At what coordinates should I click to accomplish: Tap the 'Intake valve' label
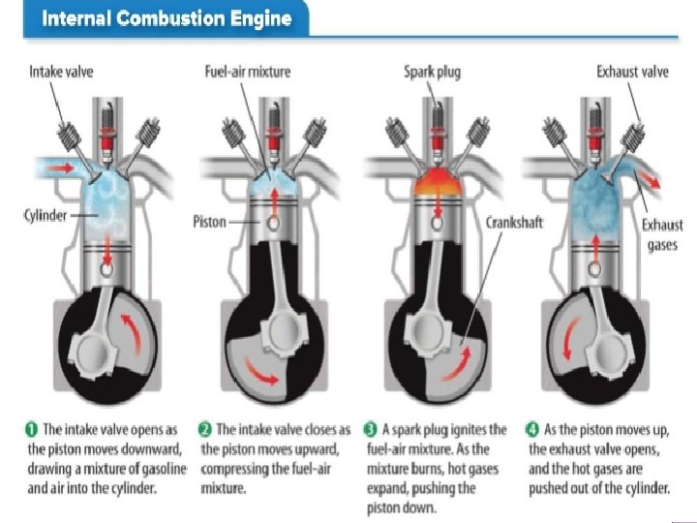click(x=62, y=72)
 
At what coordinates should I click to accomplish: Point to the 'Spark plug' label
click(x=432, y=72)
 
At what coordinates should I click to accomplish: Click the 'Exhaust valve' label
click(x=631, y=72)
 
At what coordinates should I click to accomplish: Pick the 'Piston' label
click(x=209, y=222)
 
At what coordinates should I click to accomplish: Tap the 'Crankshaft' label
click(x=514, y=222)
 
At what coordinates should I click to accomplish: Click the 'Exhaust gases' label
click(x=662, y=234)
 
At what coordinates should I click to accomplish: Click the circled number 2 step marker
click(x=204, y=429)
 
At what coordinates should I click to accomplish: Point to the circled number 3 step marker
click(x=371, y=429)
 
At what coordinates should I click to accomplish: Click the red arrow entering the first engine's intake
click(x=62, y=168)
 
